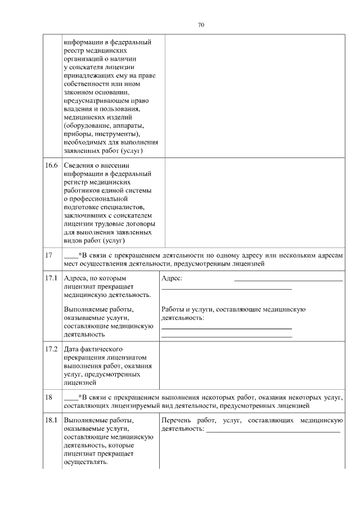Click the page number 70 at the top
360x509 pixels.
point(201,25)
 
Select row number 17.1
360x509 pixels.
point(51,278)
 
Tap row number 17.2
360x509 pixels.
point(51,349)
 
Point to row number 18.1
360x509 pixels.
point(51,420)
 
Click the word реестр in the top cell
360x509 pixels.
point(75,50)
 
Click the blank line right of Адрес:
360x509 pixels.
point(287,280)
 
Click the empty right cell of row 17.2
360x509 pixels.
point(251,366)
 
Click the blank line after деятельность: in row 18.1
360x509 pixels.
point(273,431)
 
